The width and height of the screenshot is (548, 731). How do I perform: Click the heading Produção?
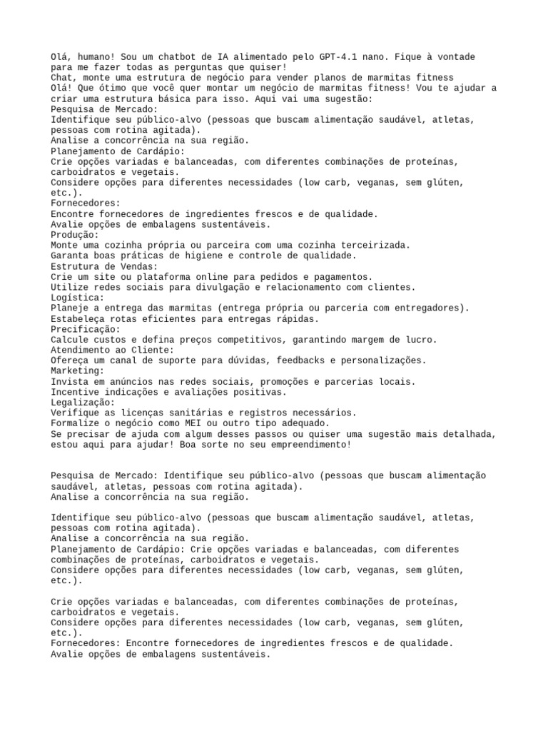pos(75,235)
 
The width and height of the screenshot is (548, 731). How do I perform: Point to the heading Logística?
pos(78,298)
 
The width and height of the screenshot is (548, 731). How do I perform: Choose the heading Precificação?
pos(86,329)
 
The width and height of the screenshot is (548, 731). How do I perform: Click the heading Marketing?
pos(78,371)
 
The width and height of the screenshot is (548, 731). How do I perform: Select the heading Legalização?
pos(83,403)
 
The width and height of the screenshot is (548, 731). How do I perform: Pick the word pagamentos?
pos(342,277)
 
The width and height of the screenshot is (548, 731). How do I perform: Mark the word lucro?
pos(422,340)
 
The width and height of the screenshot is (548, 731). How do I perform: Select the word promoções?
pos(281,382)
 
